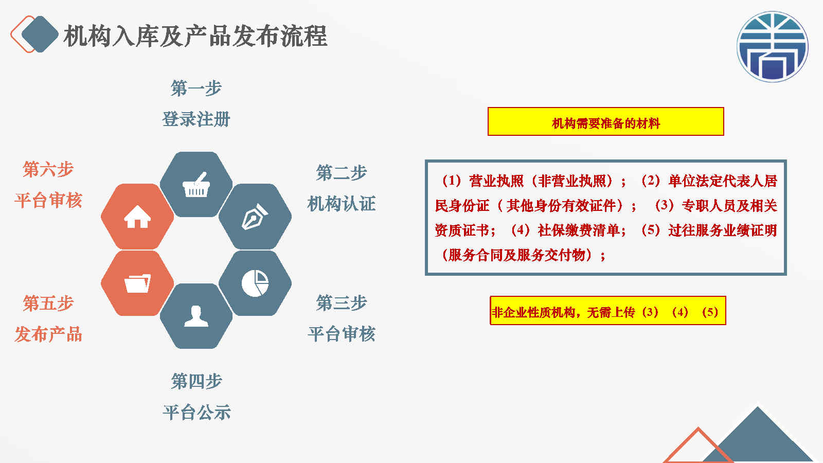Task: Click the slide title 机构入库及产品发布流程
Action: [x=195, y=36]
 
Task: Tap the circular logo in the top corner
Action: [x=772, y=47]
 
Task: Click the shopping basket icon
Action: [x=196, y=185]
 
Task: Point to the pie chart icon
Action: [x=255, y=283]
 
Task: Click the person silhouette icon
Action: [x=196, y=316]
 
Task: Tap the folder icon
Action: [x=137, y=283]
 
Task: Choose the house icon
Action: [x=137, y=217]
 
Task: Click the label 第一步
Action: [x=196, y=88]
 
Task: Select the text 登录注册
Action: [x=196, y=119]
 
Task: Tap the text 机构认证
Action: [x=342, y=204]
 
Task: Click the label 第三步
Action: [x=342, y=303]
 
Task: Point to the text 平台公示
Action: [x=196, y=412]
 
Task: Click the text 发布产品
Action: [x=48, y=334]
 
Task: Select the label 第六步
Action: [x=48, y=169]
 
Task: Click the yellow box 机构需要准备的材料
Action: [x=606, y=121]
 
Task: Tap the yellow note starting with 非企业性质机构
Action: [x=608, y=311]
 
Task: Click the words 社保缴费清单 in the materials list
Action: [x=579, y=230]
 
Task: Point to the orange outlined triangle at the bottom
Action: [x=698, y=447]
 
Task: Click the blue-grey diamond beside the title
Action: [x=40, y=34]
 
